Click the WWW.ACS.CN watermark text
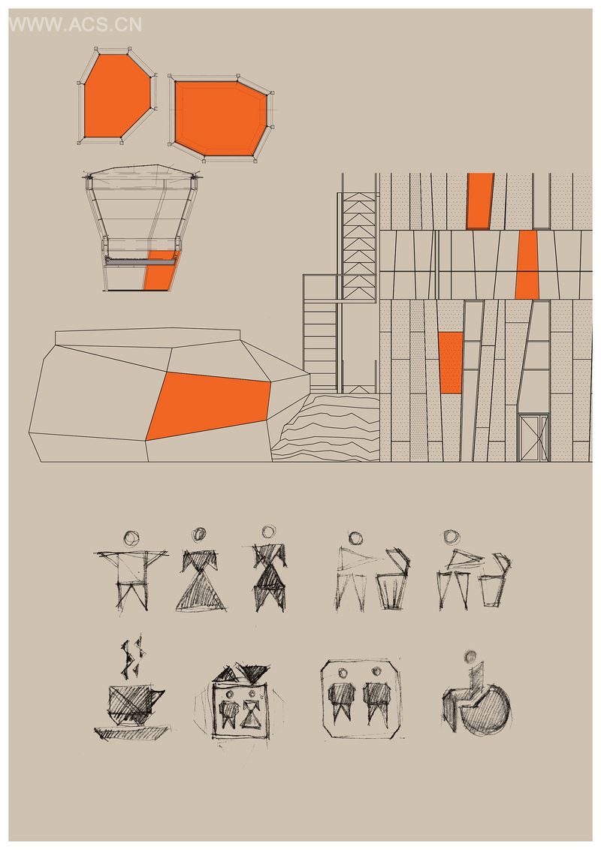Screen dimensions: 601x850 pyautogui.click(x=75, y=24)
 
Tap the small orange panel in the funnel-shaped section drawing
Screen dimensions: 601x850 pyautogui.click(x=161, y=270)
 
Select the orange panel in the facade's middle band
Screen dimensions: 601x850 pyautogui.click(x=527, y=265)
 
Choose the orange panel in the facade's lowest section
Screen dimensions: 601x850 pyautogui.click(x=451, y=363)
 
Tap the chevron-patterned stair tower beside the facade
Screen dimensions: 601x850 pyautogui.click(x=359, y=246)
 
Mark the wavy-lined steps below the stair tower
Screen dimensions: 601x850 pyautogui.click(x=325, y=428)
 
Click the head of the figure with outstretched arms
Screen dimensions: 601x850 pyautogui.click(x=131, y=538)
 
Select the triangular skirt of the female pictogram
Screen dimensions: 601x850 pyautogui.click(x=201, y=592)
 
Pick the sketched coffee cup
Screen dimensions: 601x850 pyautogui.click(x=134, y=705)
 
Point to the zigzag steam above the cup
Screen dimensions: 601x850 pyautogui.click(x=134, y=657)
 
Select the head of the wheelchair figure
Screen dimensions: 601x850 pyautogui.click(x=470, y=656)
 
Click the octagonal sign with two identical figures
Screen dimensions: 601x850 pyautogui.click(x=361, y=698)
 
